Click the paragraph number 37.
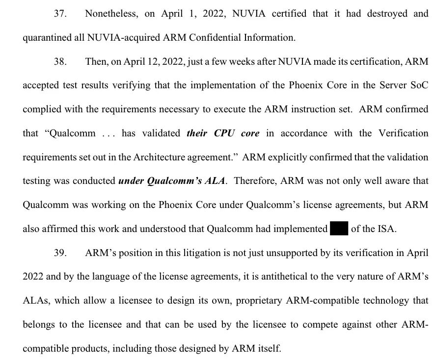pos(60,14)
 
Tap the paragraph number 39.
pos(60,253)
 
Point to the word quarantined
pos(46,37)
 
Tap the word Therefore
pos(255,181)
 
